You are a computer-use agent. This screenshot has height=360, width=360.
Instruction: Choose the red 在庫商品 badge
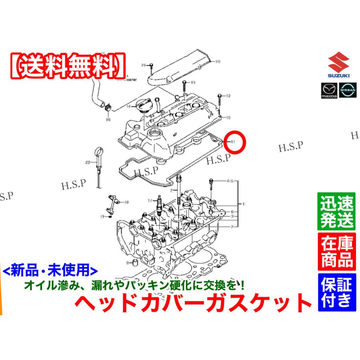(x=336, y=251)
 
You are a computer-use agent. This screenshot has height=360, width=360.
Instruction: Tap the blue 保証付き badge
(x=336, y=291)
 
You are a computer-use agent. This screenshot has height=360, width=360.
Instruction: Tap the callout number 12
(x=228, y=96)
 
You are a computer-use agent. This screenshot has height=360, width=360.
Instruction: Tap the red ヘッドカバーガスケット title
(x=194, y=302)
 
